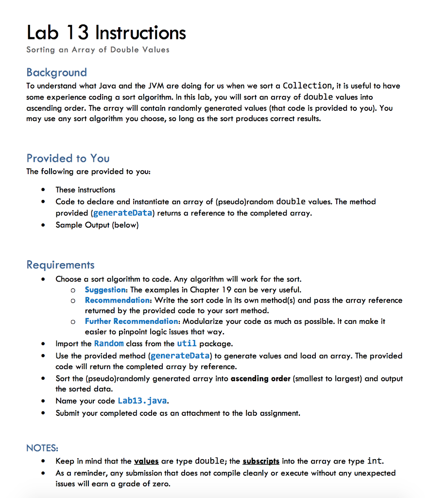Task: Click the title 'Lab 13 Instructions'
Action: pos(106,33)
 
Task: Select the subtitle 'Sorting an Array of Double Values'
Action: pos(98,50)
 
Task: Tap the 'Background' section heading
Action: pos(56,72)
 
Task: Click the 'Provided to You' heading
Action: pos(68,158)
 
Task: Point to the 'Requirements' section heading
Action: pos(60,265)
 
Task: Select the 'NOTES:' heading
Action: pos(42,448)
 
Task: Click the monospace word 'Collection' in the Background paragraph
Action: pos(307,86)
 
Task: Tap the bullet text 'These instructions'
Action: pos(86,190)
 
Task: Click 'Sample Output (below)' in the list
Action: pos(97,225)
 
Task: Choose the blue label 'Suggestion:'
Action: pos(106,290)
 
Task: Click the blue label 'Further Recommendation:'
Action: pos(132,321)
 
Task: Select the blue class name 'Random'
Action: pos(109,343)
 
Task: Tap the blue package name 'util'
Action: pos(187,343)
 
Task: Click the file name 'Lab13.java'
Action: pos(143,401)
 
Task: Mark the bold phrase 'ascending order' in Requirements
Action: pos(260,378)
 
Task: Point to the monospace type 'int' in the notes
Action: pos(374,461)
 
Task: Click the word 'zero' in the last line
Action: pos(162,484)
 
